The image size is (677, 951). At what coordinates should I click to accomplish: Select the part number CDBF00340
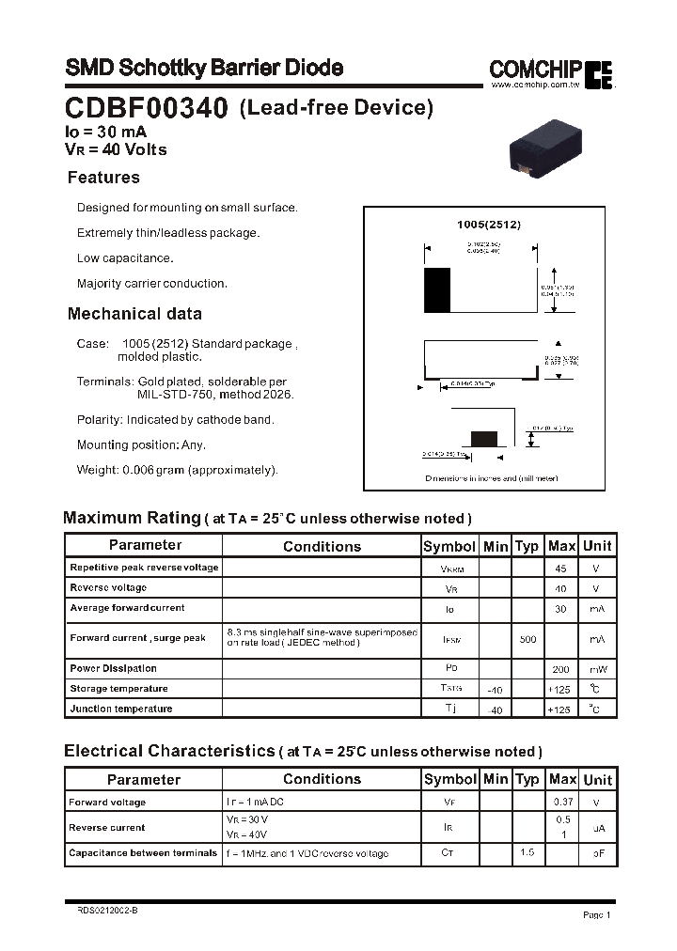coord(146,109)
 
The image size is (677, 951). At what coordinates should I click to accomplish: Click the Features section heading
coord(103,178)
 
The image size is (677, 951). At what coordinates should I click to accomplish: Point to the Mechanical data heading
coord(134,314)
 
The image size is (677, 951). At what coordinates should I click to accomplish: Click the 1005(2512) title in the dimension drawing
coord(488,225)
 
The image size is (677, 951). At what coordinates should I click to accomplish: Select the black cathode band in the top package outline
coord(437,289)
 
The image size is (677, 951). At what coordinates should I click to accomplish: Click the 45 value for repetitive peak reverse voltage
coord(561,569)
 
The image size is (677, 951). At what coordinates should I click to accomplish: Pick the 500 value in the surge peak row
coord(527,639)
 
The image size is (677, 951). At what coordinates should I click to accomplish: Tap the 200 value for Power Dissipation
coord(561,669)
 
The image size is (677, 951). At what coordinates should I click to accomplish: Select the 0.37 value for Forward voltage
coord(562,803)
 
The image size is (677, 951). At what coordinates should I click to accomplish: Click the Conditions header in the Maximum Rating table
coord(322,546)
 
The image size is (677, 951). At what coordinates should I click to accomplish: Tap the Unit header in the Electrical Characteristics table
coord(597,780)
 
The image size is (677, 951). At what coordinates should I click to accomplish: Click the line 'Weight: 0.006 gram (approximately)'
coord(177,470)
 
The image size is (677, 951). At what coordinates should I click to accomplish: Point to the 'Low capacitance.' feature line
coord(125,258)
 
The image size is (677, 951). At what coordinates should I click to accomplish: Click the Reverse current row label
coord(107,828)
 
